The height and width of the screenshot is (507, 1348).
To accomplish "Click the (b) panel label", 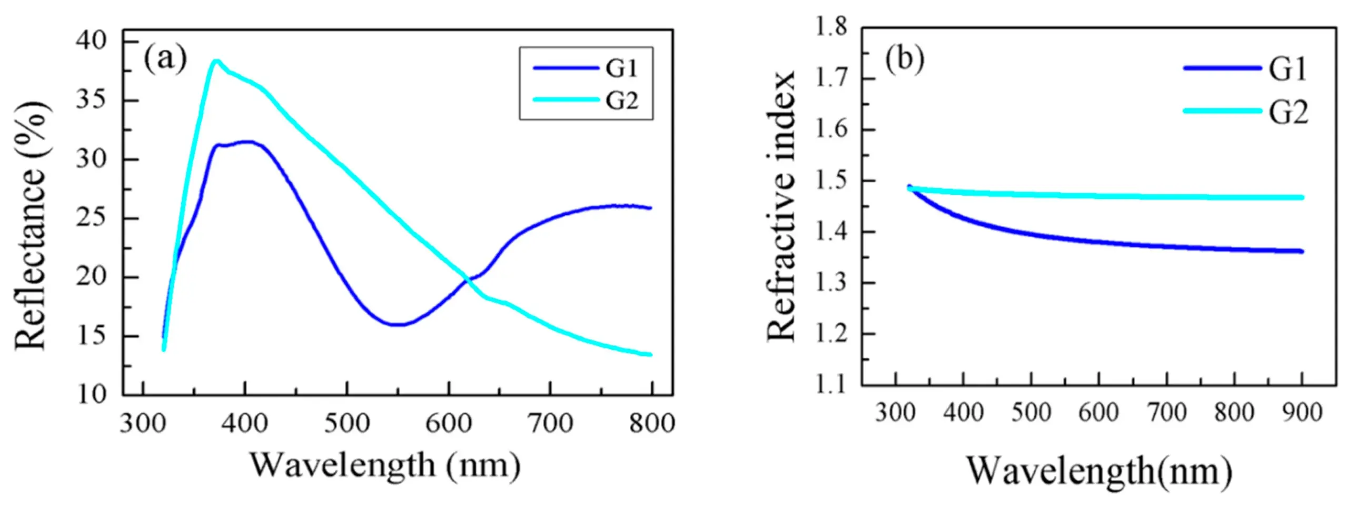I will click(905, 59).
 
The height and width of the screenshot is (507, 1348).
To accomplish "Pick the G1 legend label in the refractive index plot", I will click(1287, 69).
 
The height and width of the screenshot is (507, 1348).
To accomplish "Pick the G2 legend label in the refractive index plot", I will click(1287, 112).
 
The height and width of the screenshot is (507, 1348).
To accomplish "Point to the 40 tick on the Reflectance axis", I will click(98, 41).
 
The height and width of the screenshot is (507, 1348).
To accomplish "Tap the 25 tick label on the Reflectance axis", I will click(98, 218).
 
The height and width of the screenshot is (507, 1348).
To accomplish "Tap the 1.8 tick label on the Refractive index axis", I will click(831, 27).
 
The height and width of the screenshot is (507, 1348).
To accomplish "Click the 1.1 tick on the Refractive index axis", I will click(831, 385).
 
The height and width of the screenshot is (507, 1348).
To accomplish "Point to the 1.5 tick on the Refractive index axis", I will click(831, 181).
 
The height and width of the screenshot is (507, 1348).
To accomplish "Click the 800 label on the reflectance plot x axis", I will click(651, 423).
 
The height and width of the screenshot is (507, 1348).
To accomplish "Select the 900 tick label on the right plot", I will click(1302, 413).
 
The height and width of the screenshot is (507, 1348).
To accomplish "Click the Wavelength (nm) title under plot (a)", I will click(385, 465).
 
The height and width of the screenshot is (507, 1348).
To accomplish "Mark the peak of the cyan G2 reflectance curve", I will click(215, 61).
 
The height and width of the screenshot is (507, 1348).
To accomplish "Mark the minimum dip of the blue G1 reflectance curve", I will click(398, 324).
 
